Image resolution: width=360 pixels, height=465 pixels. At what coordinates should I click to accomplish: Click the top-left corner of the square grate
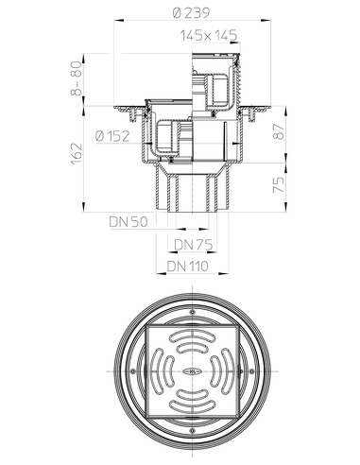[146, 328]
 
